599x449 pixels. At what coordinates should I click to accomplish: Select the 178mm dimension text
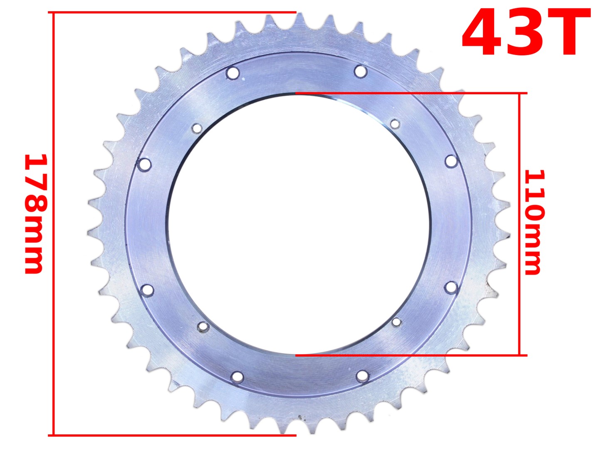click(34, 214)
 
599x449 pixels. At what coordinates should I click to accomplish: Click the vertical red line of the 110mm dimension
click(519, 224)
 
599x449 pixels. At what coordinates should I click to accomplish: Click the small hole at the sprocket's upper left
click(196, 128)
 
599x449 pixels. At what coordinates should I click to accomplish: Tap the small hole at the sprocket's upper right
click(395, 123)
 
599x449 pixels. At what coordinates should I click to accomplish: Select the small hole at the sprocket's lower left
click(203, 327)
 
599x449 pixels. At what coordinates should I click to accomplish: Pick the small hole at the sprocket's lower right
click(396, 322)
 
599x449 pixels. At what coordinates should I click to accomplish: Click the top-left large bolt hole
click(233, 73)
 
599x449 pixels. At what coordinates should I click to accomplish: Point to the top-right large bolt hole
click(360, 71)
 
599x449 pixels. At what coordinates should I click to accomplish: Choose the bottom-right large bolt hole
click(362, 376)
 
